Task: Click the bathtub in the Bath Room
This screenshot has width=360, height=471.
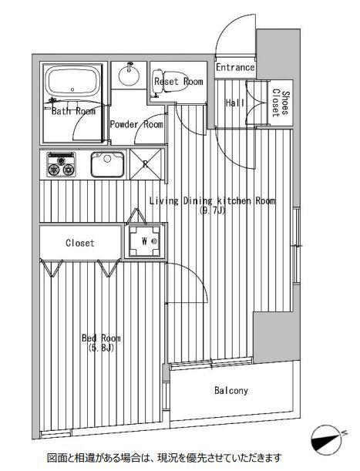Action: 72,81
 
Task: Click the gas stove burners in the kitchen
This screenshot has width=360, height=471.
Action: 61,165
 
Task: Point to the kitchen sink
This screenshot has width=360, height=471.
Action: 107,164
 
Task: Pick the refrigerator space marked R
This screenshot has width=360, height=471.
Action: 146,164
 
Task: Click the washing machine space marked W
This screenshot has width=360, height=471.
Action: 144,241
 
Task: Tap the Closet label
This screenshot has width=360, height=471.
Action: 80,243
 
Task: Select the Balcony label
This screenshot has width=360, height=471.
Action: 231,391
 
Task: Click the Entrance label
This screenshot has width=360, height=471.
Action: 235,67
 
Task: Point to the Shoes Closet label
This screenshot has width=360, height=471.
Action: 281,103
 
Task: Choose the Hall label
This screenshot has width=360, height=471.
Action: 235,103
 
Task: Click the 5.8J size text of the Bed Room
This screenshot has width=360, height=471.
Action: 101,348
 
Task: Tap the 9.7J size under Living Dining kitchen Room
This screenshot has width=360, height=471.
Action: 212,211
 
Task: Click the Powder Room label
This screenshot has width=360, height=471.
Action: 136,124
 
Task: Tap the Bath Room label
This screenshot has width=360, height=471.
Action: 73,111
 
